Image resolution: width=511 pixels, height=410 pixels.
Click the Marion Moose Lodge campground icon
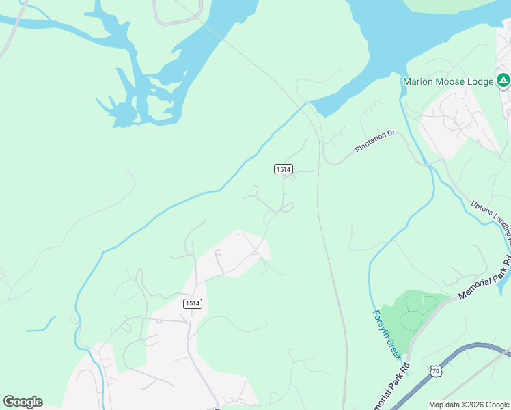click(503, 81)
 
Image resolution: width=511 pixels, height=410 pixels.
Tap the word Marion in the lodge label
click(418, 81)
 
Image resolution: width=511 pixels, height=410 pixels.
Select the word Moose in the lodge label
click(451, 81)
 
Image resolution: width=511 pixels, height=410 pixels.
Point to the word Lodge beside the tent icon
click(481, 81)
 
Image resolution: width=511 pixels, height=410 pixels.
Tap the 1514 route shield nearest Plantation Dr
click(284, 169)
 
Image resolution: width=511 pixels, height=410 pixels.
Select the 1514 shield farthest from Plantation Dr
click(193, 303)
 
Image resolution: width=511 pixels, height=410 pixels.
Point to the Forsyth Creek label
click(387, 336)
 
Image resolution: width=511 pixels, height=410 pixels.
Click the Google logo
click(23, 402)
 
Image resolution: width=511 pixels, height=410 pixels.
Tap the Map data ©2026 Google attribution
click(469, 405)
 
